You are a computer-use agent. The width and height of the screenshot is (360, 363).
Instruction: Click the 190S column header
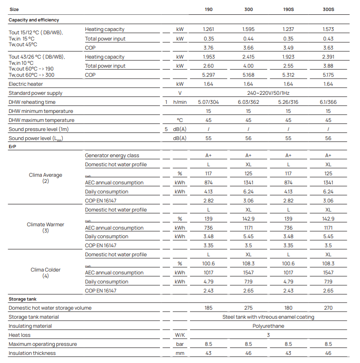coord(288,9)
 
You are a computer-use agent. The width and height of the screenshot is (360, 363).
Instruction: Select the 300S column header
coord(328,9)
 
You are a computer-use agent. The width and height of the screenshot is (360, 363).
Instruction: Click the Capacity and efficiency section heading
coord(34,20)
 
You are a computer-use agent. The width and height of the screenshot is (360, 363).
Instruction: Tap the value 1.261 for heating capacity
coord(209,30)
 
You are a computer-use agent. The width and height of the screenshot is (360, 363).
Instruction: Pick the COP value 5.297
coord(209,75)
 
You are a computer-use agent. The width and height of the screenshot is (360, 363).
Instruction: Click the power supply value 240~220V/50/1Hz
coord(268,93)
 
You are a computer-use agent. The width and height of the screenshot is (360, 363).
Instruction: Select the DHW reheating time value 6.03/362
coord(249,102)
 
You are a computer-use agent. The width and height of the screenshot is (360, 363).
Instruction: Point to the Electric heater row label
coord(25,84)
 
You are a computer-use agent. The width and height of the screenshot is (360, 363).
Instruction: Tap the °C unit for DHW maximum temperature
coord(180,121)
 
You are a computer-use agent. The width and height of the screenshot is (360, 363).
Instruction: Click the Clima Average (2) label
coord(46,178)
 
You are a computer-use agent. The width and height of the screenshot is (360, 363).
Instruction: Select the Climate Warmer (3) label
coord(46,227)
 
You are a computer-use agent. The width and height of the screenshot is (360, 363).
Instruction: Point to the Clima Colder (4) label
coord(46,272)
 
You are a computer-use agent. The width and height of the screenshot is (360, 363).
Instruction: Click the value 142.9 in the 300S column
coord(328,219)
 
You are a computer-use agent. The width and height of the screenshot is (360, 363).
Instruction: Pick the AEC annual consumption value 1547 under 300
coord(249,273)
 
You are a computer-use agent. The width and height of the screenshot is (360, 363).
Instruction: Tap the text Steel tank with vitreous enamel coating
coord(268,317)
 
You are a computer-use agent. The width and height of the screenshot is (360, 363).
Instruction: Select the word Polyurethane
coord(268,326)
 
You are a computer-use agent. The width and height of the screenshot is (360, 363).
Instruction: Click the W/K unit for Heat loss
coord(180,335)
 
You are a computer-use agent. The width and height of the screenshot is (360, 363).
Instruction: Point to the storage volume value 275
coord(249,308)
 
